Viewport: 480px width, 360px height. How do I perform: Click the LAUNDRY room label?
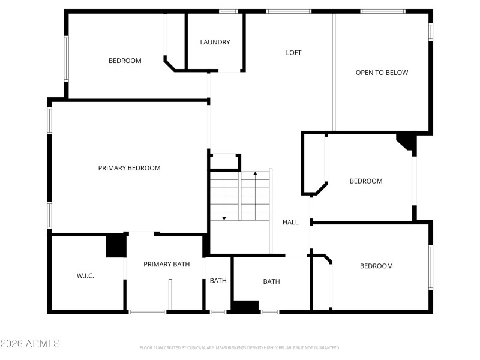[215, 42]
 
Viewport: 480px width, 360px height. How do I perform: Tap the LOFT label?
[293, 53]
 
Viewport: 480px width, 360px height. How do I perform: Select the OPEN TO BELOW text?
[382, 73]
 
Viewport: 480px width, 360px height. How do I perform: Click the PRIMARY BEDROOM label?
[129, 168]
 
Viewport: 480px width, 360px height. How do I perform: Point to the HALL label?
[290, 222]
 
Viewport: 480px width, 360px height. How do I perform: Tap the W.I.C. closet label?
[85, 276]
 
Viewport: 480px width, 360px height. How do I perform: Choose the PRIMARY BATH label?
[166, 264]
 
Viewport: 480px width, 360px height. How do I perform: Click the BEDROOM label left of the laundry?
[125, 61]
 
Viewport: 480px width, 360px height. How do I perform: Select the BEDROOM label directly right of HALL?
[366, 181]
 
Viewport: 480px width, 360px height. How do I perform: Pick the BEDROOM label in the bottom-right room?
[376, 266]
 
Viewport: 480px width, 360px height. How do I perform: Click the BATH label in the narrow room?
[218, 281]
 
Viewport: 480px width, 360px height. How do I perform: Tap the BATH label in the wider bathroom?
[271, 281]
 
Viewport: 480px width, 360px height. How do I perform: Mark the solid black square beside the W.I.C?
[115, 246]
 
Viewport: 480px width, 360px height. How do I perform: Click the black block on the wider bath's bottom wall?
[245, 306]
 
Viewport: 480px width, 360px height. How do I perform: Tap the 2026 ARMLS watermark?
[30, 344]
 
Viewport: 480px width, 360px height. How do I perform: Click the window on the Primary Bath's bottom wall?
[148, 311]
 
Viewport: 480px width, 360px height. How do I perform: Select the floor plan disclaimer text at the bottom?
[239, 347]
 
